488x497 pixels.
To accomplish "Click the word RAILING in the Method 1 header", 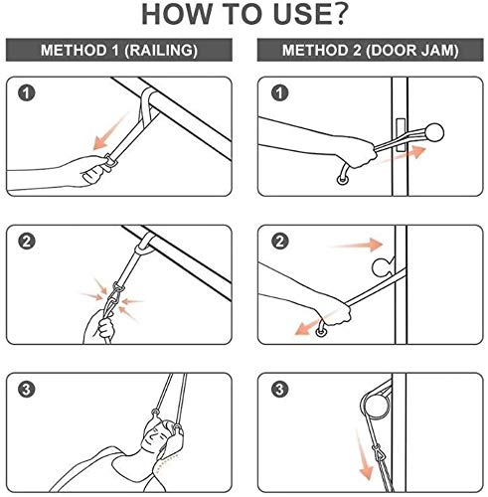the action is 162,51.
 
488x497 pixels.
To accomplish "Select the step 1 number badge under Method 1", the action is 26,93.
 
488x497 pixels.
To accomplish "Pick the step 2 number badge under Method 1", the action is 27,242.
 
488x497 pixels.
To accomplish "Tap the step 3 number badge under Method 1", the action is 27,389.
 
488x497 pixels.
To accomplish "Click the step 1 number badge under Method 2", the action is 279,93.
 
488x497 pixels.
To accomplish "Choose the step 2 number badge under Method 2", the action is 280,242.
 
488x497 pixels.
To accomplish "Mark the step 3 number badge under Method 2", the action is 280,389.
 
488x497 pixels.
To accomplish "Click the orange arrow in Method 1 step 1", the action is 109,132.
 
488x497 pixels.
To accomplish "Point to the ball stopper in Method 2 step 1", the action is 434,132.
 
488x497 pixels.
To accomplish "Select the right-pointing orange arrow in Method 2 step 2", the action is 356,245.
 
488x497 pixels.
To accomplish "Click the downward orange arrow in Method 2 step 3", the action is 364,454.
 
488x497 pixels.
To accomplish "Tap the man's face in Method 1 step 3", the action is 155,434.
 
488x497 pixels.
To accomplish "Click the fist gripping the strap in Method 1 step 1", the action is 93,171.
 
